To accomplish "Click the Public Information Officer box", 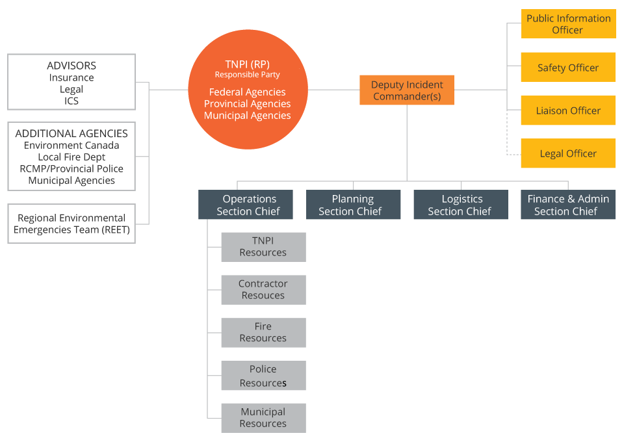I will pos(568,24).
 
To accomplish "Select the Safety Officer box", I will pos(568,68).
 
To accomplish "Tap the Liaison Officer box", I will pos(568,110).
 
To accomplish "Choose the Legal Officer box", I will pos(568,153).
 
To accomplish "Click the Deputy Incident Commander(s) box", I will pos(407,90).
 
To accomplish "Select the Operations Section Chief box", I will pos(246,205).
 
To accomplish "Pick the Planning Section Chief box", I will pos(353,205).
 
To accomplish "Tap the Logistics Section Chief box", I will pos(461,205).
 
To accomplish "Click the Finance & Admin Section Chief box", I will pos(568,205).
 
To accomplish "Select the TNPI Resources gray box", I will pos(263,247).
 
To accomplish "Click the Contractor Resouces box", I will pos(263,290).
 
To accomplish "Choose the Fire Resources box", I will pos(263,333).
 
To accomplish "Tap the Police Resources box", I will pos(263,376).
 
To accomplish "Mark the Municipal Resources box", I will pos(263,418).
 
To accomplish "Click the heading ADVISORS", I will pos(71,66).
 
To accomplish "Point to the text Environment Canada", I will pos(71,145).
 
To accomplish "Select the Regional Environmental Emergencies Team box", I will pos(71,224).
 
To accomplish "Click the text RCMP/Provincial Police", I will pos(71,168).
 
